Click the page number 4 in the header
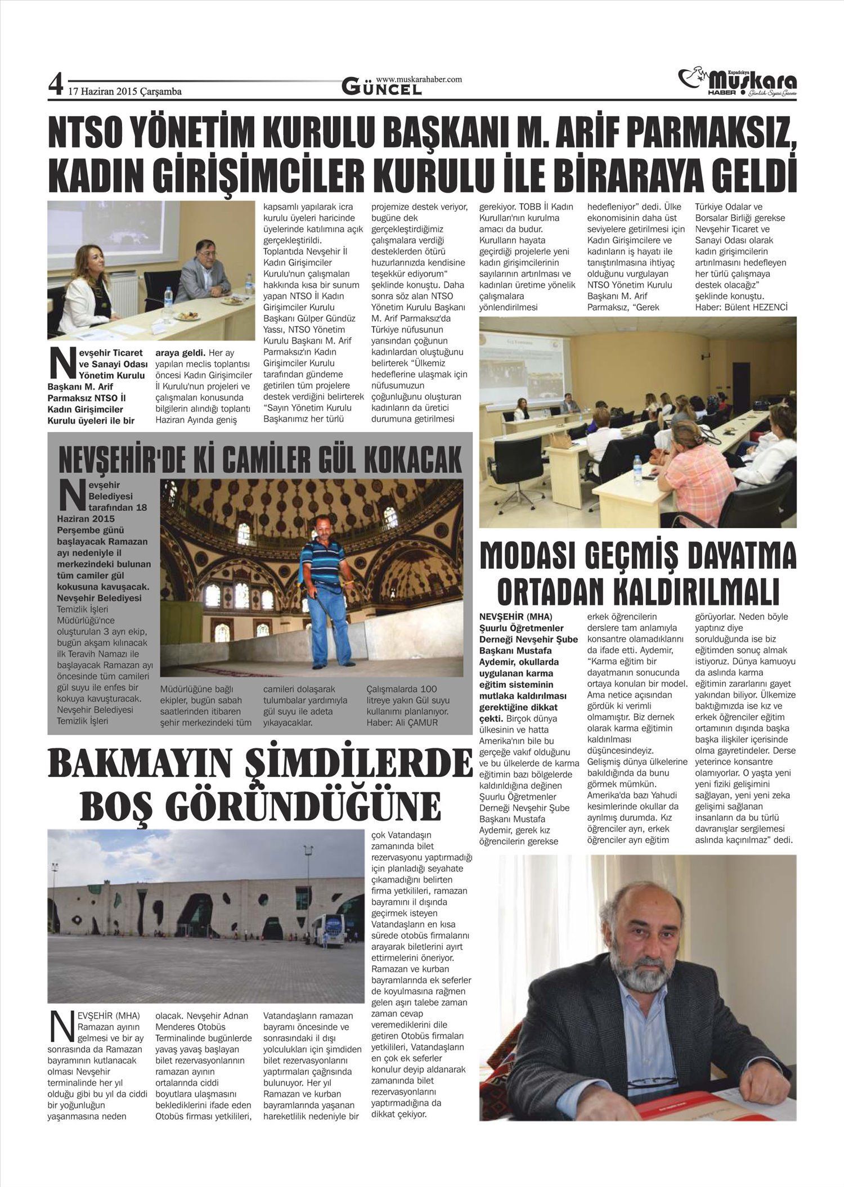(56, 86)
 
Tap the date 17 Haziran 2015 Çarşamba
(125, 92)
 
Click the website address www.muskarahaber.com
(419, 79)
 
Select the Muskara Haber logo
(738, 83)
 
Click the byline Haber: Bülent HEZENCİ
(741, 307)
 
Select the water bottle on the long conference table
(637, 469)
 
